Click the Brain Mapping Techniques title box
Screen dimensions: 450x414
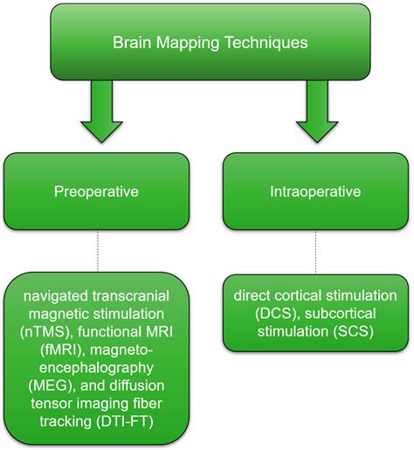tap(206, 40)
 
